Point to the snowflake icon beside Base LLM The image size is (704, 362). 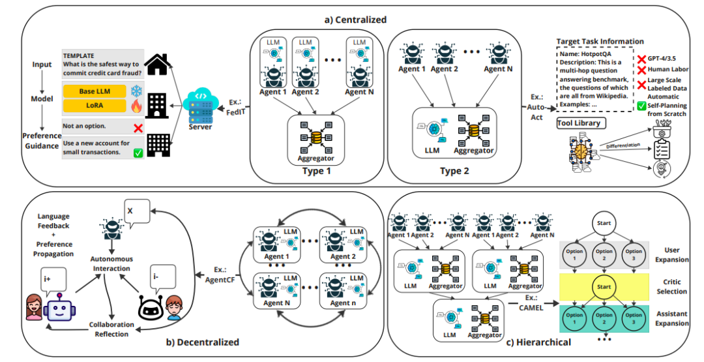pyautogui.click(x=136, y=91)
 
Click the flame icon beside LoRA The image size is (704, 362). pyautogui.click(x=136, y=105)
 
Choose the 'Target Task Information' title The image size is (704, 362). pyautogui.click(x=600, y=41)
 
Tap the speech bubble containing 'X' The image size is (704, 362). pyautogui.click(x=133, y=213)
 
